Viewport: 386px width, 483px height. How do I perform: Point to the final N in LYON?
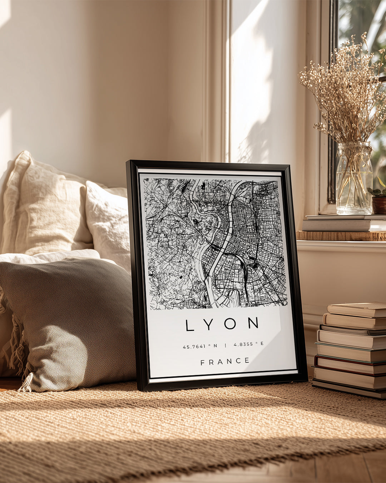coord(253,323)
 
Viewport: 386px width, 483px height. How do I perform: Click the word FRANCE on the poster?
coord(225,362)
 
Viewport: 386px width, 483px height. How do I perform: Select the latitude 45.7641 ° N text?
coord(200,346)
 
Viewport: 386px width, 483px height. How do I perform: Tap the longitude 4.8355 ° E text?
coord(248,344)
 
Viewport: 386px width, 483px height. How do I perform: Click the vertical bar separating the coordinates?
coord(225,345)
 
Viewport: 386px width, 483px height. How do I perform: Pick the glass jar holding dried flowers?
coord(354,179)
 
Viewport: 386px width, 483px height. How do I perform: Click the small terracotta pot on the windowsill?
coord(379,205)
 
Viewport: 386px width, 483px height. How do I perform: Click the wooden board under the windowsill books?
coord(341,236)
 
